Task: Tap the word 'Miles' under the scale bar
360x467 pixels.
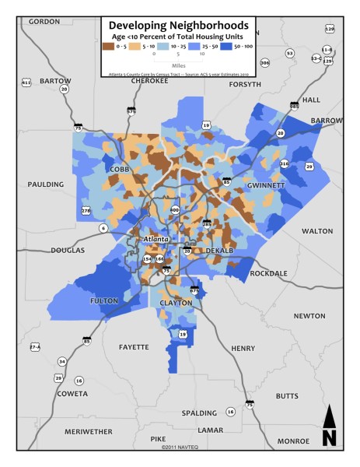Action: (179, 65)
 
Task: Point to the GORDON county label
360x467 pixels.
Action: (44, 22)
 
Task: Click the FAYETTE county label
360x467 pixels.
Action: (134, 346)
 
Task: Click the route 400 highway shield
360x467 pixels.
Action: (174, 210)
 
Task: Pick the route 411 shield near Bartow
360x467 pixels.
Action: (26, 82)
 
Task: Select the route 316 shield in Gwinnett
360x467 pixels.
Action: (284, 163)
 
